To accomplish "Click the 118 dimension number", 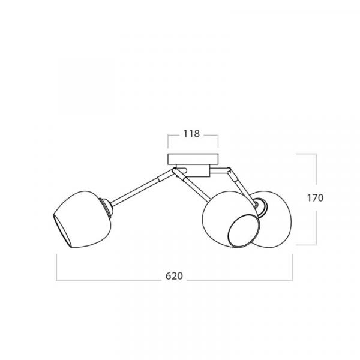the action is pos(191,134).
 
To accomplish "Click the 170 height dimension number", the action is pos(315,198).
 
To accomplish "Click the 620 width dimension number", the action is pos(174,276).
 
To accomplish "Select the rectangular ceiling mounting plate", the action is pos(193,159).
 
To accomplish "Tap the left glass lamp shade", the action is pos(83,219).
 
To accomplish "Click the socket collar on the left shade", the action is pos(107,208).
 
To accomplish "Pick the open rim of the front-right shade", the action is pos(243,231).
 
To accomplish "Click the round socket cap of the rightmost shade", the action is pos(261,207).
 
